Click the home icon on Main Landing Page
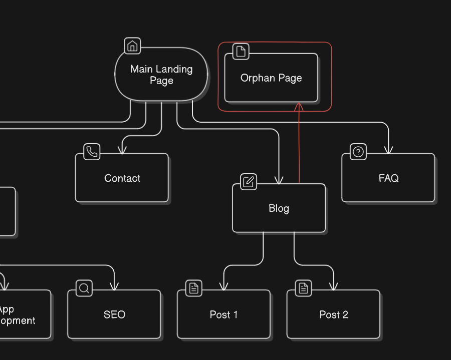132,46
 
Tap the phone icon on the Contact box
92,152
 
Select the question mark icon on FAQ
358,152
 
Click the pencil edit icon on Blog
249,182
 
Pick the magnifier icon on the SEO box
84,288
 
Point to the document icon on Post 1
194,288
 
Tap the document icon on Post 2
303,288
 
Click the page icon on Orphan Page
241,51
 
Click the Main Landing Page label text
161,75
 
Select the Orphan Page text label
271,78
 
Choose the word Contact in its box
122,178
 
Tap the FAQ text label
388,178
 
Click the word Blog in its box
279,209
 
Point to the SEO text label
114,315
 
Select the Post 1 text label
223,315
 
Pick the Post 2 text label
334,315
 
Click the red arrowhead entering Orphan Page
299,107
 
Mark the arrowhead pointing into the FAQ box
388,150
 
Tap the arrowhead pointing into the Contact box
121,150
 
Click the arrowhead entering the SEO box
114,286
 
